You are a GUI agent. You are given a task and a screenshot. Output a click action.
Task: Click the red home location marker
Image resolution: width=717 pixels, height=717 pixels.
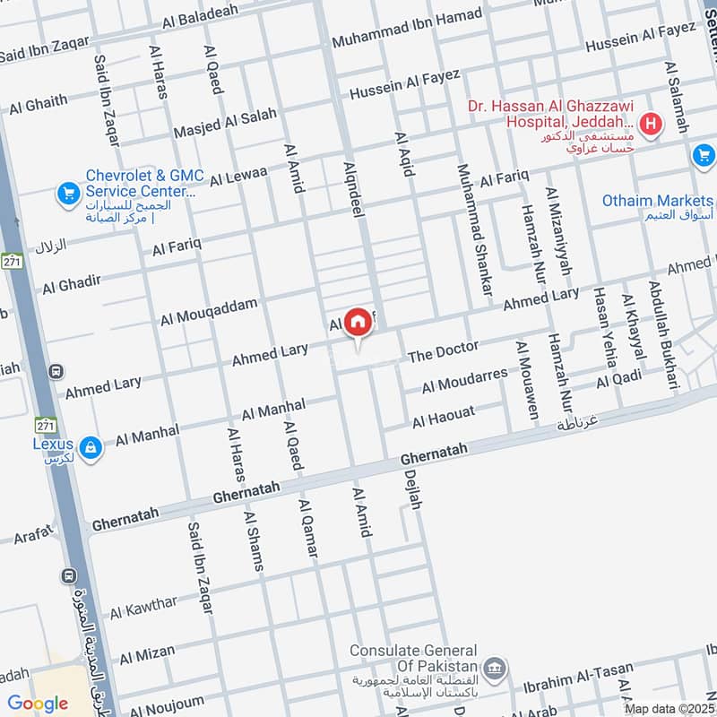pos(358,322)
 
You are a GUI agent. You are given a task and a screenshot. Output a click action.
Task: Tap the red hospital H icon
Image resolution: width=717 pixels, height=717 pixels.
pos(652,124)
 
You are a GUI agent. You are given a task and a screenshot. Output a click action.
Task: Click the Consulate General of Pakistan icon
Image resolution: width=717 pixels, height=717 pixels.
pos(493,668)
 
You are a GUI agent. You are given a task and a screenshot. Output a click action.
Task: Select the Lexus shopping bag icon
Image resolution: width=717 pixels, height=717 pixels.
pos(90,446)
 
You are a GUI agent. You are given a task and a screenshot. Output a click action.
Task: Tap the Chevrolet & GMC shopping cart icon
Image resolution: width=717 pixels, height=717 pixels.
pos(67,192)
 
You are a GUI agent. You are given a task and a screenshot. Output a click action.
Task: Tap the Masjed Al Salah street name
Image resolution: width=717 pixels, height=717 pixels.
pos(225,123)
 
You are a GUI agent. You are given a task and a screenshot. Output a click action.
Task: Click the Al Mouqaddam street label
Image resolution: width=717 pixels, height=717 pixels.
pos(209,312)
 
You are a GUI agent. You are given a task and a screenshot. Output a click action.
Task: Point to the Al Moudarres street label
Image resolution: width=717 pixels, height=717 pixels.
pos(464,380)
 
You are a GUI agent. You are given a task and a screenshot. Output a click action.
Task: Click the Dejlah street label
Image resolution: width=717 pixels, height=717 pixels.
pos(412,490)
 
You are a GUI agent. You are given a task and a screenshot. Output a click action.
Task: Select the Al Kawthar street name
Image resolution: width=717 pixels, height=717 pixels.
pos(144,608)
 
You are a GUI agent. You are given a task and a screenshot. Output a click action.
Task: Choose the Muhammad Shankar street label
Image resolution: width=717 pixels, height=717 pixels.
pos(475,229)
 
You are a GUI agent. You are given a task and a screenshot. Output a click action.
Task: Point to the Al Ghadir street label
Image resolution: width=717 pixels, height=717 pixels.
pos(71,283)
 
